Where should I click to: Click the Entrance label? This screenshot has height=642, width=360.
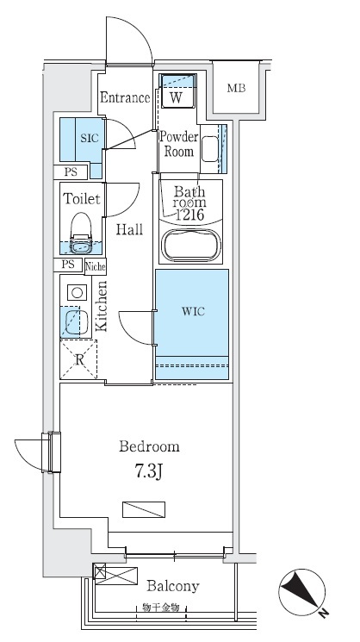click(x=125, y=98)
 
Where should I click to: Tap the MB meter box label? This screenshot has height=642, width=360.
click(x=237, y=88)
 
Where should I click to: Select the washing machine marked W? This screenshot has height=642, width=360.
click(x=177, y=90)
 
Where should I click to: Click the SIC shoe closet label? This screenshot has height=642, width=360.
click(x=90, y=138)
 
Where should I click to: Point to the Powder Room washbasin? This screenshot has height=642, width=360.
click(x=210, y=147)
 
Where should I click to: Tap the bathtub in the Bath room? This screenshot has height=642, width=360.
click(x=191, y=246)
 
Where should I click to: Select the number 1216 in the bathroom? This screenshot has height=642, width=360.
click(x=189, y=215)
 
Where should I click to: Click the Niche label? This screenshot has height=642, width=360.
click(x=96, y=267)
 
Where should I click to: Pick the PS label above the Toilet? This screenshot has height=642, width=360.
click(x=71, y=172)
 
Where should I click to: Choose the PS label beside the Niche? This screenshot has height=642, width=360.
click(x=68, y=265)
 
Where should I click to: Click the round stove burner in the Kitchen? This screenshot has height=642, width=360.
click(x=77, y=292)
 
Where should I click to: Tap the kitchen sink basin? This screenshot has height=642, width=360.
click(x=74, y=321)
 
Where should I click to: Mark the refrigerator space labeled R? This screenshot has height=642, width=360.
click(x=79, y=359)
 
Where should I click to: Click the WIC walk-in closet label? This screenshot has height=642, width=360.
click(x=193, y=312)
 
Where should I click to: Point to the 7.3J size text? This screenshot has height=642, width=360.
click(x=147, y=471)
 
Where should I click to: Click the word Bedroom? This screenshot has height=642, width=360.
click(x=149, y=446)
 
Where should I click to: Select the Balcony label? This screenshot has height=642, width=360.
click(x=172, y=587)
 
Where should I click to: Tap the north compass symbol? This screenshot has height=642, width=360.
click(x=302, y=592)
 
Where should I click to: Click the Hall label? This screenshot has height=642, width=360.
click(x=129, y=229)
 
